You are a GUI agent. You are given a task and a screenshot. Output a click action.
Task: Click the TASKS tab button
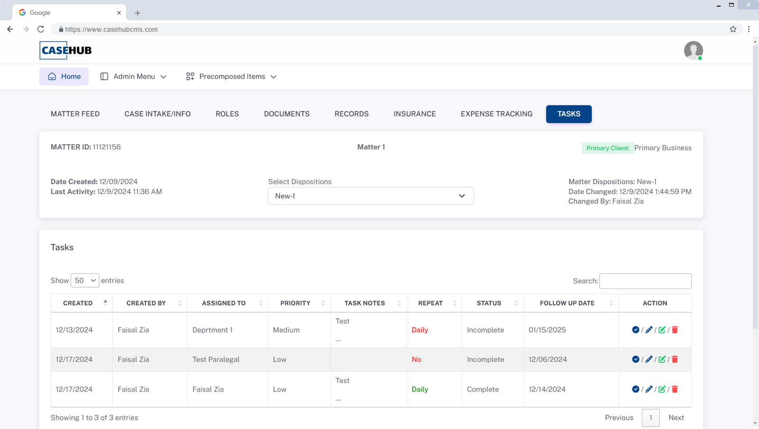click(568, 114)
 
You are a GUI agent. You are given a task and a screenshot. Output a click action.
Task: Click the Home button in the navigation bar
click(64, 76)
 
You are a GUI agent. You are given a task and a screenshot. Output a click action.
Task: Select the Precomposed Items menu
click(231, 76)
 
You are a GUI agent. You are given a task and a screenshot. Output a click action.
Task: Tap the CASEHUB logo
click(66, 50)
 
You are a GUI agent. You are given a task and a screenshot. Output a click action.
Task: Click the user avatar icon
click(693, 50)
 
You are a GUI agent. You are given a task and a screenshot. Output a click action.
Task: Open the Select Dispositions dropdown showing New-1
click(370, 196)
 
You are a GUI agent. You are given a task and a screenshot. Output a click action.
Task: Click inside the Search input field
click(645, 281)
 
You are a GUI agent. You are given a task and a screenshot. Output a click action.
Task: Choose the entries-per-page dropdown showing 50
click(85, 280)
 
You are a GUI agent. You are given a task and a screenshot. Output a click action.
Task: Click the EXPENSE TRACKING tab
click(496, 114)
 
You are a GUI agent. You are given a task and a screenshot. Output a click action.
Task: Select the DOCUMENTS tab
click(287, 114)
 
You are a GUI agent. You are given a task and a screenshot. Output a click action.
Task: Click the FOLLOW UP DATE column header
click(567, 303)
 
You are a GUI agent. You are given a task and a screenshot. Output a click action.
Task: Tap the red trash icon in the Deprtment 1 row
click(675, 330)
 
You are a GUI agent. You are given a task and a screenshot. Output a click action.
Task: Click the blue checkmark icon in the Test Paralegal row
click(636, 359)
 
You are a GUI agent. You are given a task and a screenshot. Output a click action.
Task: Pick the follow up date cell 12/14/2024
click(547, 389)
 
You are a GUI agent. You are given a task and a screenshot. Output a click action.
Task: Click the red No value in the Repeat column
click(417, 359)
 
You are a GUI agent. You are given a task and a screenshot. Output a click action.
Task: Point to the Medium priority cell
click(286, 330)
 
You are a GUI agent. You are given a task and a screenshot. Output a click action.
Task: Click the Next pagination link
click(676, 418)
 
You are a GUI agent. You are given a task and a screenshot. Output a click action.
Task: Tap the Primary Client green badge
click(608, 148)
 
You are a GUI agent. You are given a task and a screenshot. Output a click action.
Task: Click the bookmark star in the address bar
click(733, 29)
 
